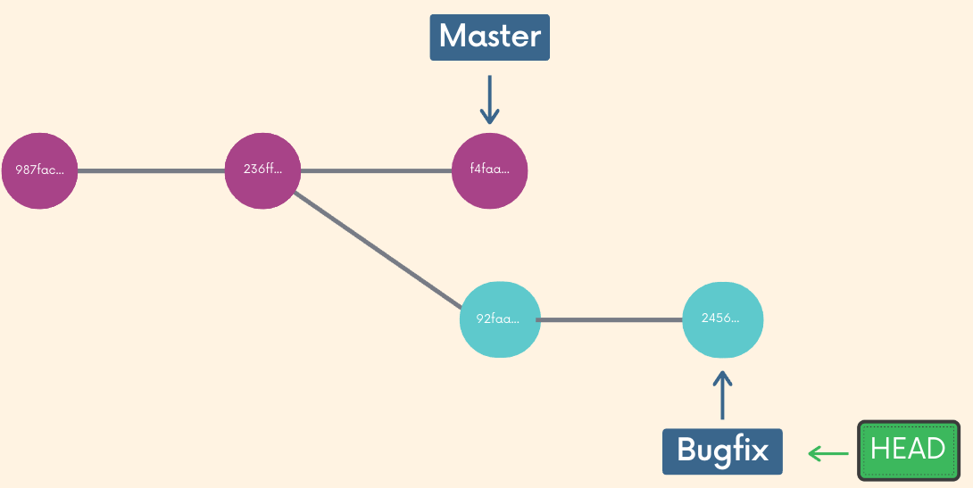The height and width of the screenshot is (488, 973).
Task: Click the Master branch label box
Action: pyautogui.click(x=489, y=37)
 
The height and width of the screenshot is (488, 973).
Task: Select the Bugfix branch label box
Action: pyautogui.click(x=722, y=451)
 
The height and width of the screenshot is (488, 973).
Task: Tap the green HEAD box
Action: pyautogui.click(x=908, y=451)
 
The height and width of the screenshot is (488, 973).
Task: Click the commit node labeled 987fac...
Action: pyautogui.click(x=40, y=170)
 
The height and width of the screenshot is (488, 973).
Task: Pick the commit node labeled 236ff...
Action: pyautogui.click(x=262, y=170)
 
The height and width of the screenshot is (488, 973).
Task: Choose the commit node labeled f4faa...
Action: pyautogui.click(x=489, y=170)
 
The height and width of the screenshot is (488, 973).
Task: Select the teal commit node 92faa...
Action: pyautogui.click(x=500, y=318)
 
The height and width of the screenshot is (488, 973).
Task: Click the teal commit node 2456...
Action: pyautogui.click(x=722, y=318)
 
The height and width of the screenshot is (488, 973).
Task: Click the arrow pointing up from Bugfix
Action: pyautogui.click(x=722, y=395)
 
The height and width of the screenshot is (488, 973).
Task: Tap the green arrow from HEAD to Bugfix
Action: pyautogui.click(x=827, y=453)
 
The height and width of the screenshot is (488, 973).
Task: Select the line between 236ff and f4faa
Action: pyautogui.click(x=375, y=170)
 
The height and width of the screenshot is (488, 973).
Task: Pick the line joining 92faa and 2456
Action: pyautogui.click(x=611, y=319)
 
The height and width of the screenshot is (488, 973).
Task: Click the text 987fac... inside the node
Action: pyautogui.click(x=40, y=170)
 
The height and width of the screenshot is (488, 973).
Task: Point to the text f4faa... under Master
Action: pyautogui.click(x=489, y=170)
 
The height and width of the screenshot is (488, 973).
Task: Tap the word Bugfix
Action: pyautogui.click(x=722, y=450)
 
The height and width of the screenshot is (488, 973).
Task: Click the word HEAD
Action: pyautogui.click(x=908, y=449)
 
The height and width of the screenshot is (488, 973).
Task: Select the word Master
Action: pyautogui.click(x=489, y=37)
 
